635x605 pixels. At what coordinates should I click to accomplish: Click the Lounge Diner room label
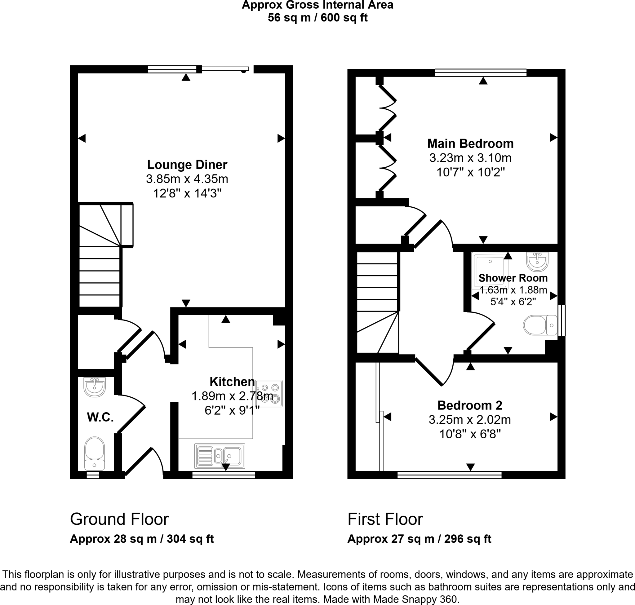pyautogui.click(x=187, y=165)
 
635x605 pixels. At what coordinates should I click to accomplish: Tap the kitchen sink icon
pyautogui.click(x=220, y=456)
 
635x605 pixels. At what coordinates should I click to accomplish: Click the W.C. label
pyautogui.click(x=100, y=417)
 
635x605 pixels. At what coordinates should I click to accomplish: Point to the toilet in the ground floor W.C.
pyautogui.click(x=95, y=453)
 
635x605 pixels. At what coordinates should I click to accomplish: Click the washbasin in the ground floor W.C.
pyautogui.click(x=95, y=386)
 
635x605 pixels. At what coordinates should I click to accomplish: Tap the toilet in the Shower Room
pyautogui.click(x=540, y=325)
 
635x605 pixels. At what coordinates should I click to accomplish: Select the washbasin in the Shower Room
pyautogui.click(x=537, y=261)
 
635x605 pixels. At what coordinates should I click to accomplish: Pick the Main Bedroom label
pyautogui.click(x=470, y=144)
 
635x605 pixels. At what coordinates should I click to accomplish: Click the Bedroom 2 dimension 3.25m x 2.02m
pyautogui.click(x=469, y=420)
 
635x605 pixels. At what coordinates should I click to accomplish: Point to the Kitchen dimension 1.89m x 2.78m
pyautogui.click(x=232, y=396)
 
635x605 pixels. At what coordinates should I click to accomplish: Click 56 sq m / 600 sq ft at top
pyautogui.click(x=317, y=18)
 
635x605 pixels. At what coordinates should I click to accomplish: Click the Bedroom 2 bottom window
pyautogui.click(x=449, y=475)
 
